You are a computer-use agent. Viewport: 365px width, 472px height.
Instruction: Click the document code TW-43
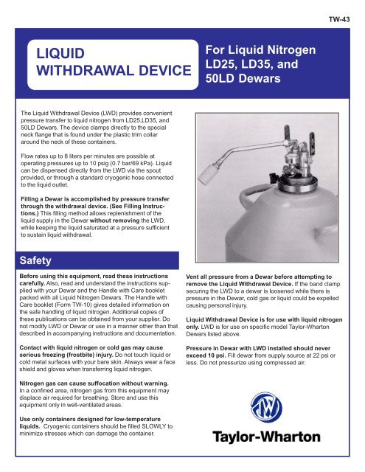[x=349, y=11]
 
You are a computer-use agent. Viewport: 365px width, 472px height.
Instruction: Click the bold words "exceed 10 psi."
[x=219, y=353]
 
